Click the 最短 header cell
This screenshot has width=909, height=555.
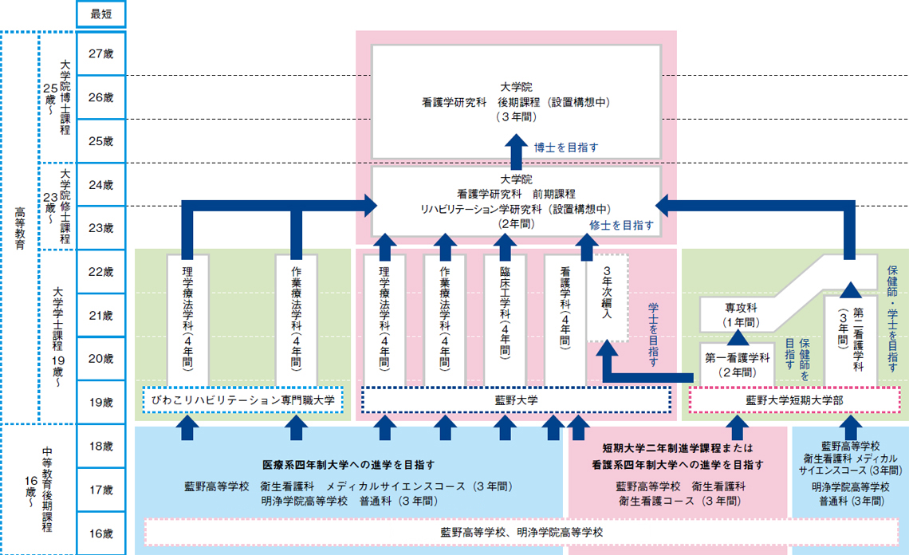pyautogui.click(x=100, y=14)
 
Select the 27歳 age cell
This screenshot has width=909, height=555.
pyautogui.click(x=100, y=53)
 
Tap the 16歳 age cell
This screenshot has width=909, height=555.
pyautogui.click(x=100, y=533)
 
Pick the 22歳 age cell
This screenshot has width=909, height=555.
pyautogui.click(x=100, y=272)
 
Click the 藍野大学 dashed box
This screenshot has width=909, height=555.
pyautogui.click(x=516, y=400)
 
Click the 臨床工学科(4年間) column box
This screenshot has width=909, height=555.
pyautogui.click(x=506, y=319)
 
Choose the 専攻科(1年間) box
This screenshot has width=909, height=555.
pyautogui.click(x=741, y=314)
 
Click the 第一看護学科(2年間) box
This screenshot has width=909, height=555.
pyautogui.click(x=738, y=364)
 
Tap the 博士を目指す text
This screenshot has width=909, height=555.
pyautogui.click(x=566, y=147)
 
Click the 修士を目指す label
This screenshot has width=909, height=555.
pyautogui.click(x=621, y=226)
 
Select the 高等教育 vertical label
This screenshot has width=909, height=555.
pyautogui.click(x=19, y=227)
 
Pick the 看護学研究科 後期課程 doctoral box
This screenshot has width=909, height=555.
pyautogui.click(x=516, y=100)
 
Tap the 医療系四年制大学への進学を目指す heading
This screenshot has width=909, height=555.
pyautogui.click(x=348, y=464)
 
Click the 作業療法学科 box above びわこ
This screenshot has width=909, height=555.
pyautogui.click(x=297, y=319)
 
